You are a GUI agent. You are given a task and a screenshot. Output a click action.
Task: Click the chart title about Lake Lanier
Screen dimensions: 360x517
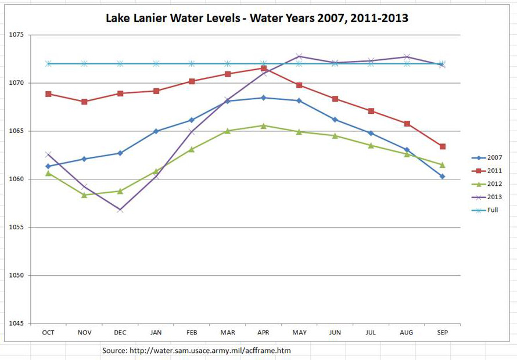(x=257, y=18)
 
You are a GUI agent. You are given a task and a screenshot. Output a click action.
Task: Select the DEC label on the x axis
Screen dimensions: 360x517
(x=120, y=332)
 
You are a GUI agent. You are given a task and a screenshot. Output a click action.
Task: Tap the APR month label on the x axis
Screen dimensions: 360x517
(x=263, y=332)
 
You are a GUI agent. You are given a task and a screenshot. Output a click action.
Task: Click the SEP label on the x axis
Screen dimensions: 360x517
(x=442, y=332)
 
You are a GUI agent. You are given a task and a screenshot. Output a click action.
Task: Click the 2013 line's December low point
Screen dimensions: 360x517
(x=120, y=210)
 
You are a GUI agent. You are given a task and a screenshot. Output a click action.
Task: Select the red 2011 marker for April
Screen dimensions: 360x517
(x=264, y=69)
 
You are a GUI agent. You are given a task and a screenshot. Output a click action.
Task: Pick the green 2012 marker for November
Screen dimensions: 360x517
(x=84, y=195)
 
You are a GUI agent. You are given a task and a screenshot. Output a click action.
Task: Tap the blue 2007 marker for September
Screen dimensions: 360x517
(x=442, y=177)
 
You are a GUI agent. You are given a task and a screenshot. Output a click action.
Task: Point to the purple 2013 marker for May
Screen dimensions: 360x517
(x=299, y=56)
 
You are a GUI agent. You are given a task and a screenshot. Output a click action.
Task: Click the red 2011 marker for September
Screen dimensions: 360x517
(x=442, y=146)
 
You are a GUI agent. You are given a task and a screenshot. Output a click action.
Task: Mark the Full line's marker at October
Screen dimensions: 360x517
(x=48, y=63)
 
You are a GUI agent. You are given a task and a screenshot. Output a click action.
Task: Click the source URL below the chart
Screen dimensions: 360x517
(x=196, y=351)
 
